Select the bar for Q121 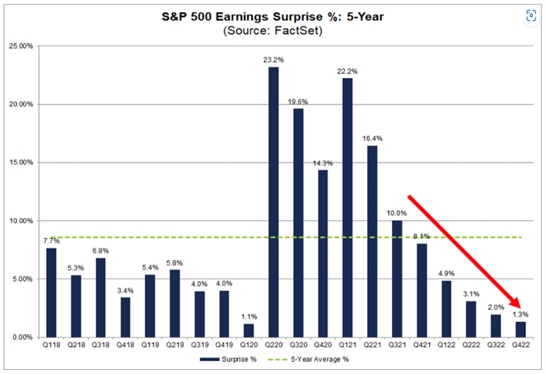[x=347, y=207]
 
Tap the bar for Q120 [x=250, y=331]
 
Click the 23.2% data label [x=274, y=60]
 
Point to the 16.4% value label [x=371, y=139]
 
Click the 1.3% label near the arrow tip [x=520, y=315]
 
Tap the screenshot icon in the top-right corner [x=531, y=15]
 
